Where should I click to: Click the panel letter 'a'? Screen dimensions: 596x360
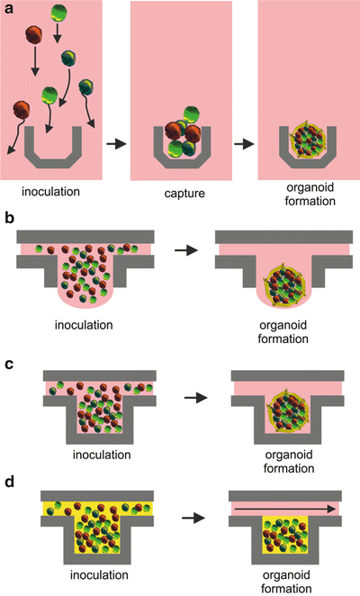click(8, 8)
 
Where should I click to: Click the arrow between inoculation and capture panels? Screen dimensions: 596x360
click(115, 141)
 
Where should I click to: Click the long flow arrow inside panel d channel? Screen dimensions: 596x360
click(284, 509)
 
